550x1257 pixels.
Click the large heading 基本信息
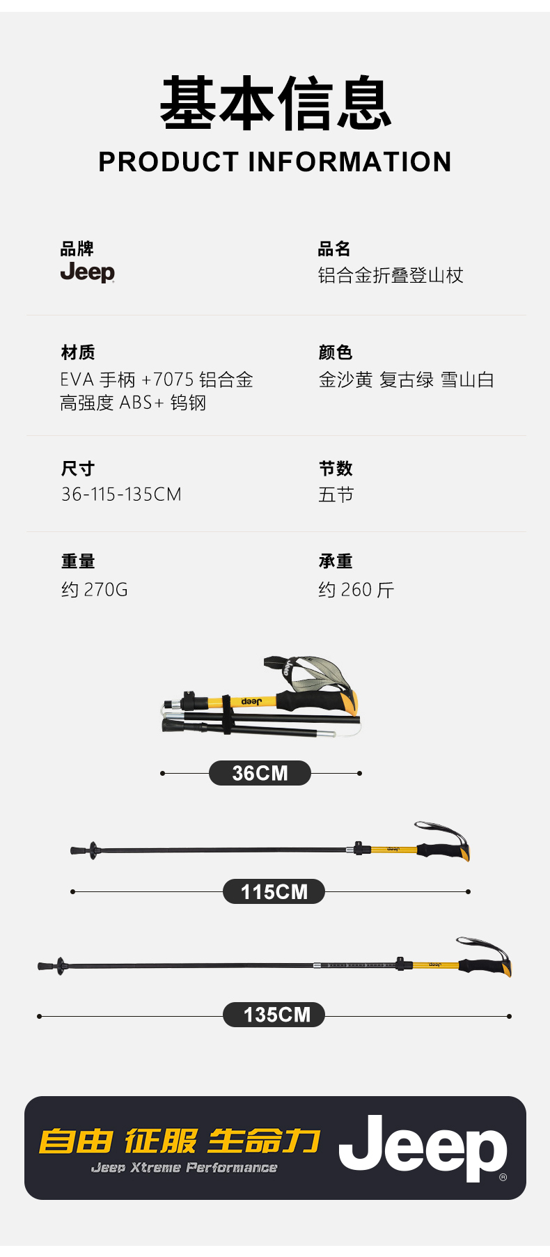(275, 104)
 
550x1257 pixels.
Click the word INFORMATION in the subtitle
(349, 162)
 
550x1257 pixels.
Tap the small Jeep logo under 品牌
(88, 272)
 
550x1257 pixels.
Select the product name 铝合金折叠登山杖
(391, 276)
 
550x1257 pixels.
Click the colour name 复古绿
(407, 380)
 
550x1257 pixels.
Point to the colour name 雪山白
(467, 380)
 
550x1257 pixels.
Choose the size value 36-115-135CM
(121, 494)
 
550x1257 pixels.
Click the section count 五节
(336, 494)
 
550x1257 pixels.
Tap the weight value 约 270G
(95, 590)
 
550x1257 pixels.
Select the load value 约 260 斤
(356, 590)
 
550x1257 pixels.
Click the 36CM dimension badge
(260, 773)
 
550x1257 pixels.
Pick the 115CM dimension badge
(274, 891)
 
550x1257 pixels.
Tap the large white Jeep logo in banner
(423, 1148)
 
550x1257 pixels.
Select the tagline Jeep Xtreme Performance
(184, 1168)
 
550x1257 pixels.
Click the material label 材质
(78, 352)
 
